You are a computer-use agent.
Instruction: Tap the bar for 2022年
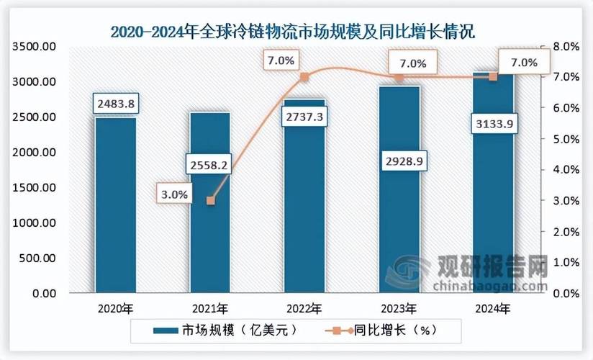coord(304,216)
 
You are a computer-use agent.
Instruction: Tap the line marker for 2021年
coord(210,201)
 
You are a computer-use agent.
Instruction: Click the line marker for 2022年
coord(304,77)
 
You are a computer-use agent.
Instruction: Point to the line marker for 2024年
coord(493,76)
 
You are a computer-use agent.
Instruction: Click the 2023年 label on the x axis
coord(399,309)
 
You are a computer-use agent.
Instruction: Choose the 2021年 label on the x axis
coord(209,309)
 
